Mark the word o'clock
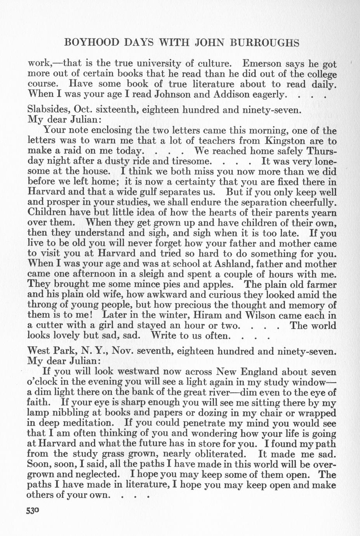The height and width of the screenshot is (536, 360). click(43, 382)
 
